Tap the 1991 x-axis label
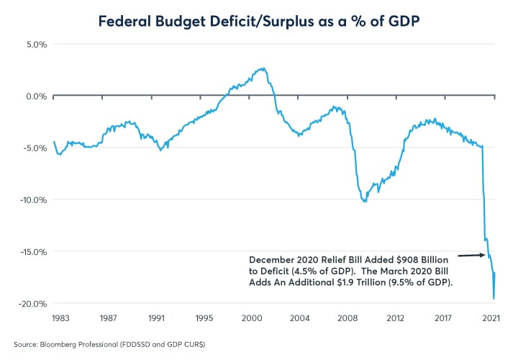(x=158, y=318)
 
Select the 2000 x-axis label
(x=251, y=318)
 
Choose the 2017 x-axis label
(x=442, y=318)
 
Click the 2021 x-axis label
(x=491, y=318)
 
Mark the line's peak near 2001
(x=264, y=68)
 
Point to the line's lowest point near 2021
(x=494, y=298)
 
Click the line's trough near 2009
(x=365, y=202)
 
